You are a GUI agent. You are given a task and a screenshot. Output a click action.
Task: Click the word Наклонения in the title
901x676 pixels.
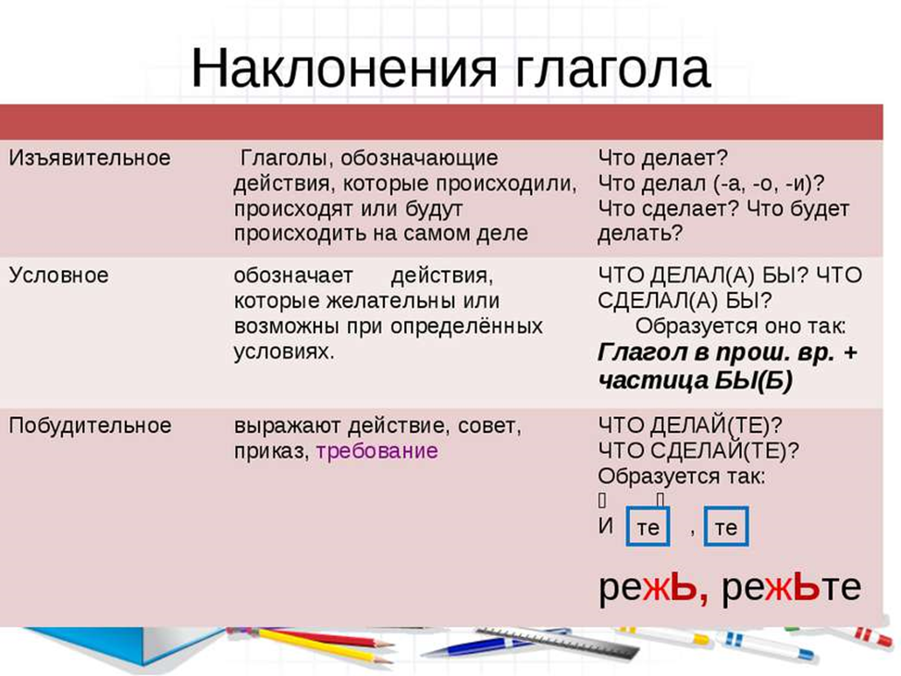coord(343,68)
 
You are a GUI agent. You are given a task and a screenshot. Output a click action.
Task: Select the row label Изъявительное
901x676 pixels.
coord(90,158)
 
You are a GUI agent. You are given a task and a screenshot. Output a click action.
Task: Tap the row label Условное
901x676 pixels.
coord(58,275)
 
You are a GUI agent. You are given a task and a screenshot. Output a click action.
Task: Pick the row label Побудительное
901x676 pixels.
coord(91,425)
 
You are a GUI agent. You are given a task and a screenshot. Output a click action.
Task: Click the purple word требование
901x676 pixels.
coord(376,451)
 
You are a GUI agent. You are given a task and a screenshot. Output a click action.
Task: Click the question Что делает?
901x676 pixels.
coord(662,158)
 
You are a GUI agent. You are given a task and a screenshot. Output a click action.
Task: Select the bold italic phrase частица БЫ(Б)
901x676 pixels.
coord(695,380)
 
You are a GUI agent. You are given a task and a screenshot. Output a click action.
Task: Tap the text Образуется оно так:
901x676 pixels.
coord(740,326)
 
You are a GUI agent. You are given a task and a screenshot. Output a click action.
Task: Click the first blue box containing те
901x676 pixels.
coord(648,526)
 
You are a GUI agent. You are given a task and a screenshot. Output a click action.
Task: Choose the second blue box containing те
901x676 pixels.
coord(726,526)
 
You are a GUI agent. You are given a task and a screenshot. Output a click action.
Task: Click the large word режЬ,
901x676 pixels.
coord(654,588)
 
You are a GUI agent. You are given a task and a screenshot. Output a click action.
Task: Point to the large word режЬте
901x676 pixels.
coord(791,587)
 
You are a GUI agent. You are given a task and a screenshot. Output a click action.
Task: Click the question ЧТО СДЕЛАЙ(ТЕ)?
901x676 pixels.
coord(698,451)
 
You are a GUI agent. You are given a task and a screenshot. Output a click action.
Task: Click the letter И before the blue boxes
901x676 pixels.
coord(606,525)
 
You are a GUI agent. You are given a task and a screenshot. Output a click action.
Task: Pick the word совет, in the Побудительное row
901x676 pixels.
coord(489,425)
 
